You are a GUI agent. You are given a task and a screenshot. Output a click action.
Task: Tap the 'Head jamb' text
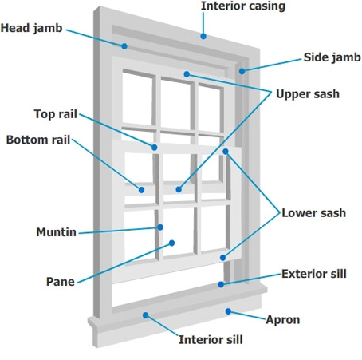[30, 28]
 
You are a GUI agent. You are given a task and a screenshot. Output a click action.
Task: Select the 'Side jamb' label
[331, 57]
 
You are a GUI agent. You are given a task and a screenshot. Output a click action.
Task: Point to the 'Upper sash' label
[307, 93]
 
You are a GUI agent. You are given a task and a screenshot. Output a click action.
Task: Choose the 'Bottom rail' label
[38, 140]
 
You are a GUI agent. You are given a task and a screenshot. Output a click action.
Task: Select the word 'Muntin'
[57, 232]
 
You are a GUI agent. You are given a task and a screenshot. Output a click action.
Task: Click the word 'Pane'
[60, 281]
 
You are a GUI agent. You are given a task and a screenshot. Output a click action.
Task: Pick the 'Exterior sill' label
[314, 274]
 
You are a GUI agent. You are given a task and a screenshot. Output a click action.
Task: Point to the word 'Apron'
[283, 319]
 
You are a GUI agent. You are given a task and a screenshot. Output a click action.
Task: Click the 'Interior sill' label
[211, 339]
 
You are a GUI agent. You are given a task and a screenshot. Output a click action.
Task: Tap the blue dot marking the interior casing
[204, 35]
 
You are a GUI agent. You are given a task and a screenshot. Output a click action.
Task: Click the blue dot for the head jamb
[124, 45]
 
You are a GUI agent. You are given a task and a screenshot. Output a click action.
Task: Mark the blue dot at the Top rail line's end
[155, 147]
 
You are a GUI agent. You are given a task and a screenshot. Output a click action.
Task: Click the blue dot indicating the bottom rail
[141, 189]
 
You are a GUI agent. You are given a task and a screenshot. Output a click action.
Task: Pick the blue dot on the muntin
[160, 227]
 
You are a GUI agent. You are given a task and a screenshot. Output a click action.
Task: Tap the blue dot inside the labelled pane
[171, 243]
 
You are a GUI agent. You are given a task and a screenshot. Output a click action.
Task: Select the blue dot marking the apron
[229, 311]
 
